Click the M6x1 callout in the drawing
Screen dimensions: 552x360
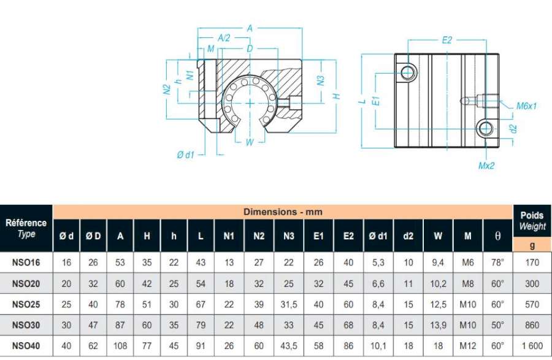tap(526, 105)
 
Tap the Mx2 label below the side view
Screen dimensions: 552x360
tap(486, 166)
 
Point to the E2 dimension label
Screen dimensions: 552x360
tap(447, 40)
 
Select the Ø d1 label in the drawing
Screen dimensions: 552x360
tap(185, 155)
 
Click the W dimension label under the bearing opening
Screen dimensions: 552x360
tap(249, 142)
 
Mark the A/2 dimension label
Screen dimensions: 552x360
tap(223, 37)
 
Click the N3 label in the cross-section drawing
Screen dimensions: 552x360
tap(320, 80)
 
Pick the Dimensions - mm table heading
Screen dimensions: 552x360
tap(283, 212)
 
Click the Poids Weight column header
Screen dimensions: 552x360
tap(532, 221)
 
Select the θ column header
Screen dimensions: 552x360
tap(497, 236)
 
